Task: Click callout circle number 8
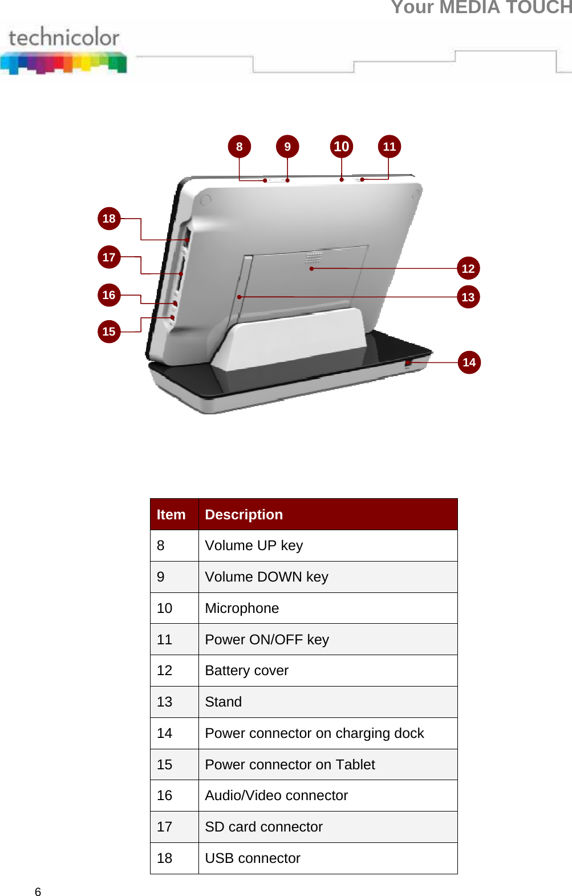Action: coord(239,147)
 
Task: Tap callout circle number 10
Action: coord(341,147)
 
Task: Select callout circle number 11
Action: coord(389,147)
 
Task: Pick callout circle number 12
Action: coord(468,268)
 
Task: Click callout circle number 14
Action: coord(469,362)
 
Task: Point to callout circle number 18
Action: coord(109,219)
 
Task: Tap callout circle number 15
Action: coord(109,332)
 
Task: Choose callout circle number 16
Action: coord(109,295)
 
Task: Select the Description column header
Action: coord(244,515)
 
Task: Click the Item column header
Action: coord(171,515)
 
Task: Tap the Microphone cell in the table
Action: coord(242,608)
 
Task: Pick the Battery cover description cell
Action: coord(246,671)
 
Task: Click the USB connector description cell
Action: coord(252,858)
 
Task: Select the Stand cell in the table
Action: coord(223,702)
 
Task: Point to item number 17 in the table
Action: coord(165,827)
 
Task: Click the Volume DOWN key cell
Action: coord(266,577)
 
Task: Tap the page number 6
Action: coord(38,892)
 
